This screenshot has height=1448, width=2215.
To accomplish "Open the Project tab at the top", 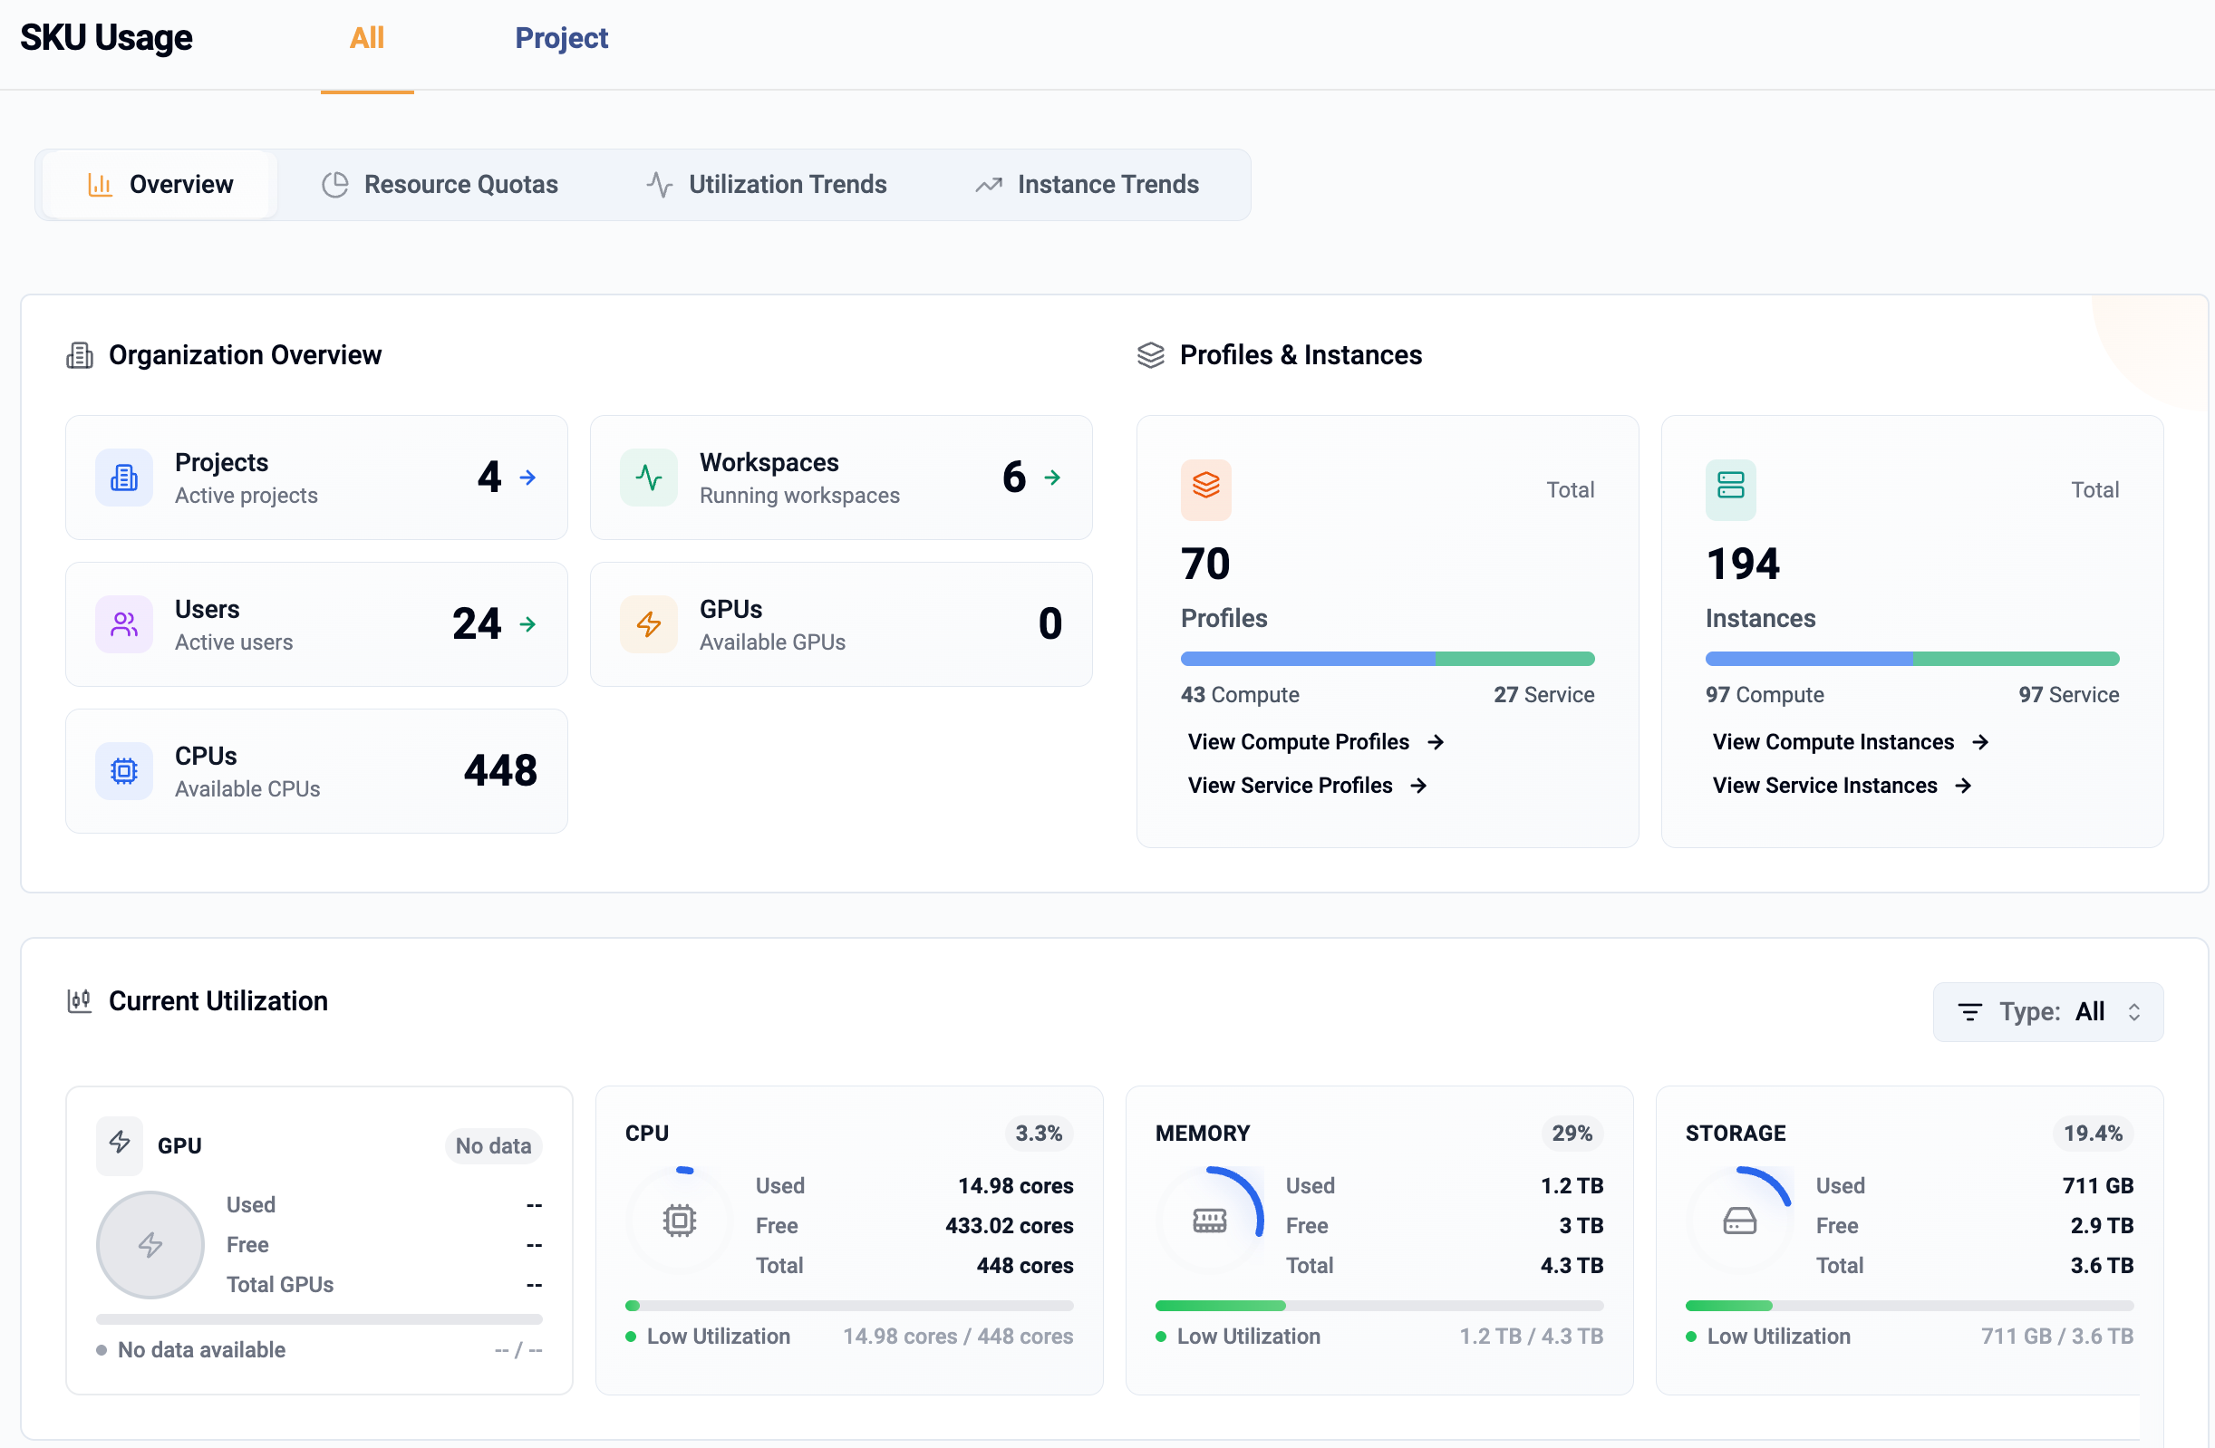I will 561,38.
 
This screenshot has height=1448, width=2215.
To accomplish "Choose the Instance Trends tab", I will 1086,184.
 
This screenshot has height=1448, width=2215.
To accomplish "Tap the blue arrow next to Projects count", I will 527,478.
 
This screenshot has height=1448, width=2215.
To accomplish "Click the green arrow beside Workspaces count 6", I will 1051,478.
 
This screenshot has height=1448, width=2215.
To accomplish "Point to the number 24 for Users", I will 477,623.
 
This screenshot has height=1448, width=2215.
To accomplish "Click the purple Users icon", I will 124,624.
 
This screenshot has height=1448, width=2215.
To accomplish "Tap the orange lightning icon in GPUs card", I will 649,624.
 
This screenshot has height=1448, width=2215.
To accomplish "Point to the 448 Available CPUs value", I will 499,770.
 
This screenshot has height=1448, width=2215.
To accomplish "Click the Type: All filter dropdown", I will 2047,1011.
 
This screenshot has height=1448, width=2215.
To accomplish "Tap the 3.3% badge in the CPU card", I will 1038,1134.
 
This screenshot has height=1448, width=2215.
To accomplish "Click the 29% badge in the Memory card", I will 1571,1134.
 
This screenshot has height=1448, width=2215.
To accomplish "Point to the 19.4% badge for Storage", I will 2092,1134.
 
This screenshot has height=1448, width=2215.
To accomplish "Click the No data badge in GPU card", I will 492,1145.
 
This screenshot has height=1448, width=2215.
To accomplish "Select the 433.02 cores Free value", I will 1009,1226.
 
